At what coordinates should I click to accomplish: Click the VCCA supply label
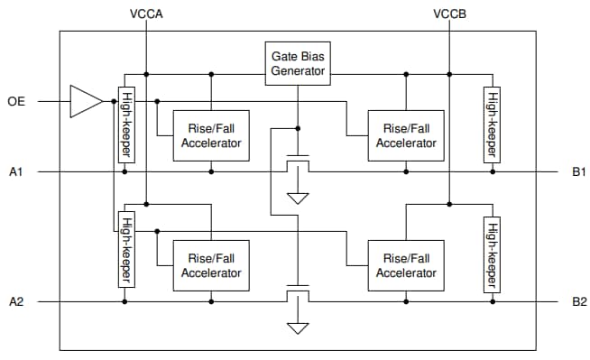(146, 15)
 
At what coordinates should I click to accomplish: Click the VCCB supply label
(449, 15)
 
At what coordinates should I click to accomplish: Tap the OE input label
(16, 101)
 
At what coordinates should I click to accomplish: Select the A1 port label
(16, 171)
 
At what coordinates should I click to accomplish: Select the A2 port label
(16, 301)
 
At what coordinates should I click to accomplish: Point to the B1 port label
(578, 171)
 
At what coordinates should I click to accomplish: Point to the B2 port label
(578, 301)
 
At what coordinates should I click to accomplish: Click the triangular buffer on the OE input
(86, 101)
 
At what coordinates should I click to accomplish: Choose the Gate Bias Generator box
(297, 63)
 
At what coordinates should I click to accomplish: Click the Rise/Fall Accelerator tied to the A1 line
(210, 135)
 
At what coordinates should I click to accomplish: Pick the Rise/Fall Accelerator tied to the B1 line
(405, 135)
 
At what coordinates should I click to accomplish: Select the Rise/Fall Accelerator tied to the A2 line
(210, 265)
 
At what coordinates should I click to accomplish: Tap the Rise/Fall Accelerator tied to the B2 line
(405, 265)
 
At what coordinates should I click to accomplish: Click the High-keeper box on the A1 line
(124, 125)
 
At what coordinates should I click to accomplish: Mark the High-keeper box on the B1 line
(492, 125)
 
